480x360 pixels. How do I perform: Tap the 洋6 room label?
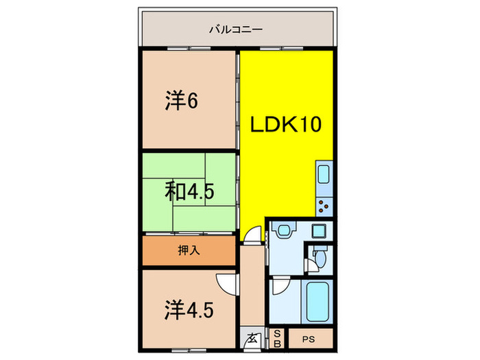[x=181, y=101]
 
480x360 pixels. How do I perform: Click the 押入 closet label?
[x=190, y=250]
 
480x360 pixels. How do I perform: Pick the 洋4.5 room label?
[x=189, y=310]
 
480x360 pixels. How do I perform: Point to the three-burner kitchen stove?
[x=324, y=204]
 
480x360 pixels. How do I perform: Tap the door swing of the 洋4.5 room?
[x=226, y=283]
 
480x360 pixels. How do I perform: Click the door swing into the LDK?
[x=254, y=235]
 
